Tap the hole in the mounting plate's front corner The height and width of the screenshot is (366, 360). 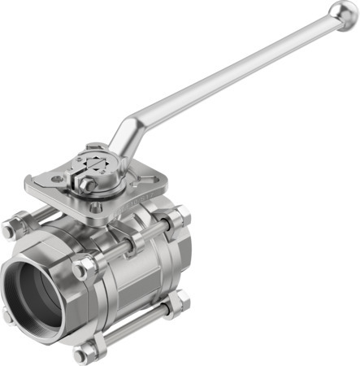pyautogui.click(x=97, y=207)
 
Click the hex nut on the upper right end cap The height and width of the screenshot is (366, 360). pyautogui.click(x=181, y=215)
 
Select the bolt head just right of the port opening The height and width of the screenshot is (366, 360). pyautogui.click(x=84, y=268)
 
